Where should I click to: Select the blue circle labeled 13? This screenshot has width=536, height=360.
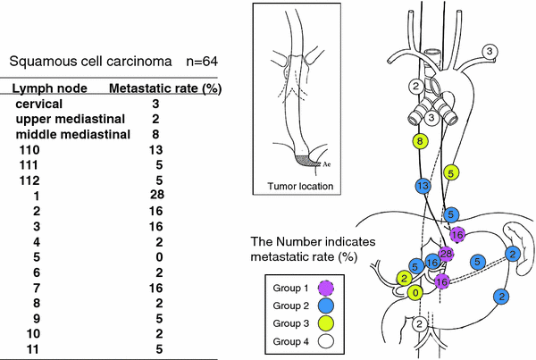423,185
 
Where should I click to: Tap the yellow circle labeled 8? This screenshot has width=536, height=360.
420,141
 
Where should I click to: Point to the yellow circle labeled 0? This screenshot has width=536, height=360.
415,292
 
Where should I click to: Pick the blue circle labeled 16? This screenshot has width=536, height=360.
432,263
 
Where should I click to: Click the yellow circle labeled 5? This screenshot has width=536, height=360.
452,172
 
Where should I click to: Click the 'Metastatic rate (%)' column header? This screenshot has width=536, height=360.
165,88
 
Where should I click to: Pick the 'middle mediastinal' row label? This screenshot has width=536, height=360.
73,134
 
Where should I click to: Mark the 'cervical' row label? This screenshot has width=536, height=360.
41,104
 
